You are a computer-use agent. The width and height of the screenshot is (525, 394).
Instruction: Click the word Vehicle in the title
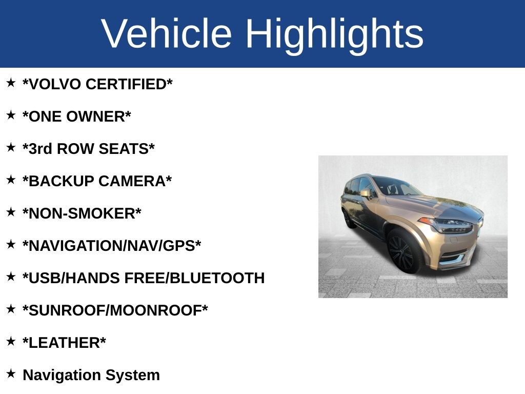(167, 33)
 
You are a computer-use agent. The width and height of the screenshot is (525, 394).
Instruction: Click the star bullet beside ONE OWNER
(11, 115)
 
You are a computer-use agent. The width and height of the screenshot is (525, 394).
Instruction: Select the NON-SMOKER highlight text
(82, 213)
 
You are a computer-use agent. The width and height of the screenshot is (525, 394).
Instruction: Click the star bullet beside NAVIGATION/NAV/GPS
(11, 244)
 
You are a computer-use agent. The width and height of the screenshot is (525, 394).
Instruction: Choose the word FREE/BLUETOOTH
(194, 278)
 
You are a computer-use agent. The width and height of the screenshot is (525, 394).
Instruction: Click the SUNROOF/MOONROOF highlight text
(115, 310)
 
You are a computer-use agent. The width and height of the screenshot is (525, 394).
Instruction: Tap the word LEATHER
(64, 343)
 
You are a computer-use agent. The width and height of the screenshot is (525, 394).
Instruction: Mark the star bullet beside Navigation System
(11, 373)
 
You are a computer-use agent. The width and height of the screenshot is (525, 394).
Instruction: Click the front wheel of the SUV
(403, 251)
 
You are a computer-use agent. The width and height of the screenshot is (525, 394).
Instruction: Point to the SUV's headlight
(450, 226)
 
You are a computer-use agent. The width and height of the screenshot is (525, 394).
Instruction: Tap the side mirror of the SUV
(366, 193)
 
